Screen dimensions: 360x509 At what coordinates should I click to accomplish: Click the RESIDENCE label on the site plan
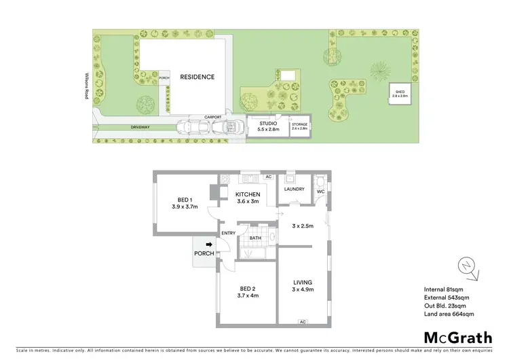tap(197, 77)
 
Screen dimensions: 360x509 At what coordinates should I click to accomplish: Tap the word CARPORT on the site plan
tap(215, 116)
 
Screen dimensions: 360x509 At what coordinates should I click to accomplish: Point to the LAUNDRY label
tap(298, 189)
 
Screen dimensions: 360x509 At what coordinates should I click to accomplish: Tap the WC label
tap(321, 191)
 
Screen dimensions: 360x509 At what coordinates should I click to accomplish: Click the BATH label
tap(255, 238)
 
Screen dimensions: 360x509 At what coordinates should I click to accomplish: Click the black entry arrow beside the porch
tap(209, 245)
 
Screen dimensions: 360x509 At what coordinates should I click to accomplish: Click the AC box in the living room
tap(302, 321)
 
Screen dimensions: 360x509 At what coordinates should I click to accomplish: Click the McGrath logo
tap(458, 338)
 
